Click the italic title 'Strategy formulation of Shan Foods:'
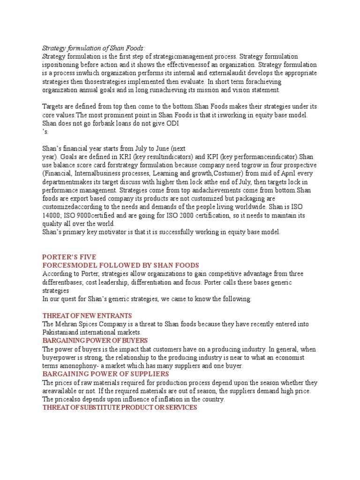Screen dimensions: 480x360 coord(94,48)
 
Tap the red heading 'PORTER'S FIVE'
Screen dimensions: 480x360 coord(69,256)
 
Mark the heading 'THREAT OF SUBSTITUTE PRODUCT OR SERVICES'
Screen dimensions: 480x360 coord(120,407)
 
